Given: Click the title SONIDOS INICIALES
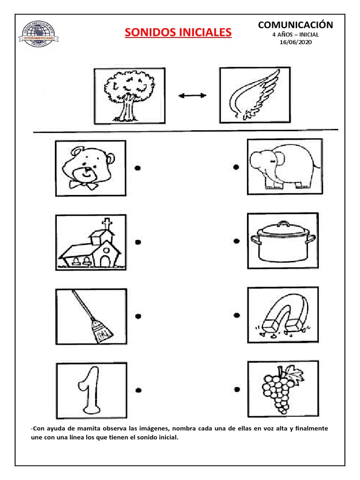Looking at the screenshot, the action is [178, 32].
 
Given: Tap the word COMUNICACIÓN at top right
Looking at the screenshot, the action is [295, 24].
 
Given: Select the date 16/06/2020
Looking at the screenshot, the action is [295, 42].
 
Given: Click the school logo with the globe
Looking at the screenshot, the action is [38, 34].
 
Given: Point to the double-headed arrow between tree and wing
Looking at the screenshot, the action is [192, 96].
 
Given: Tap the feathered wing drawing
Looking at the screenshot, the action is [255, 95].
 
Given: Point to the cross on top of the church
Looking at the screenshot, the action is [106, 224].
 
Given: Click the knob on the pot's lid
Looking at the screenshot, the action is [284, 224].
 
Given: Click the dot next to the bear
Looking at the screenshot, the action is [138, 168].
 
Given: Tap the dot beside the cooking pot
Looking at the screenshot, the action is [236, 241].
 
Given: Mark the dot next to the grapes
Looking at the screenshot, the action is [237, 390].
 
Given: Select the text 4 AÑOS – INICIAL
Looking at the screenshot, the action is [295, 35].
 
